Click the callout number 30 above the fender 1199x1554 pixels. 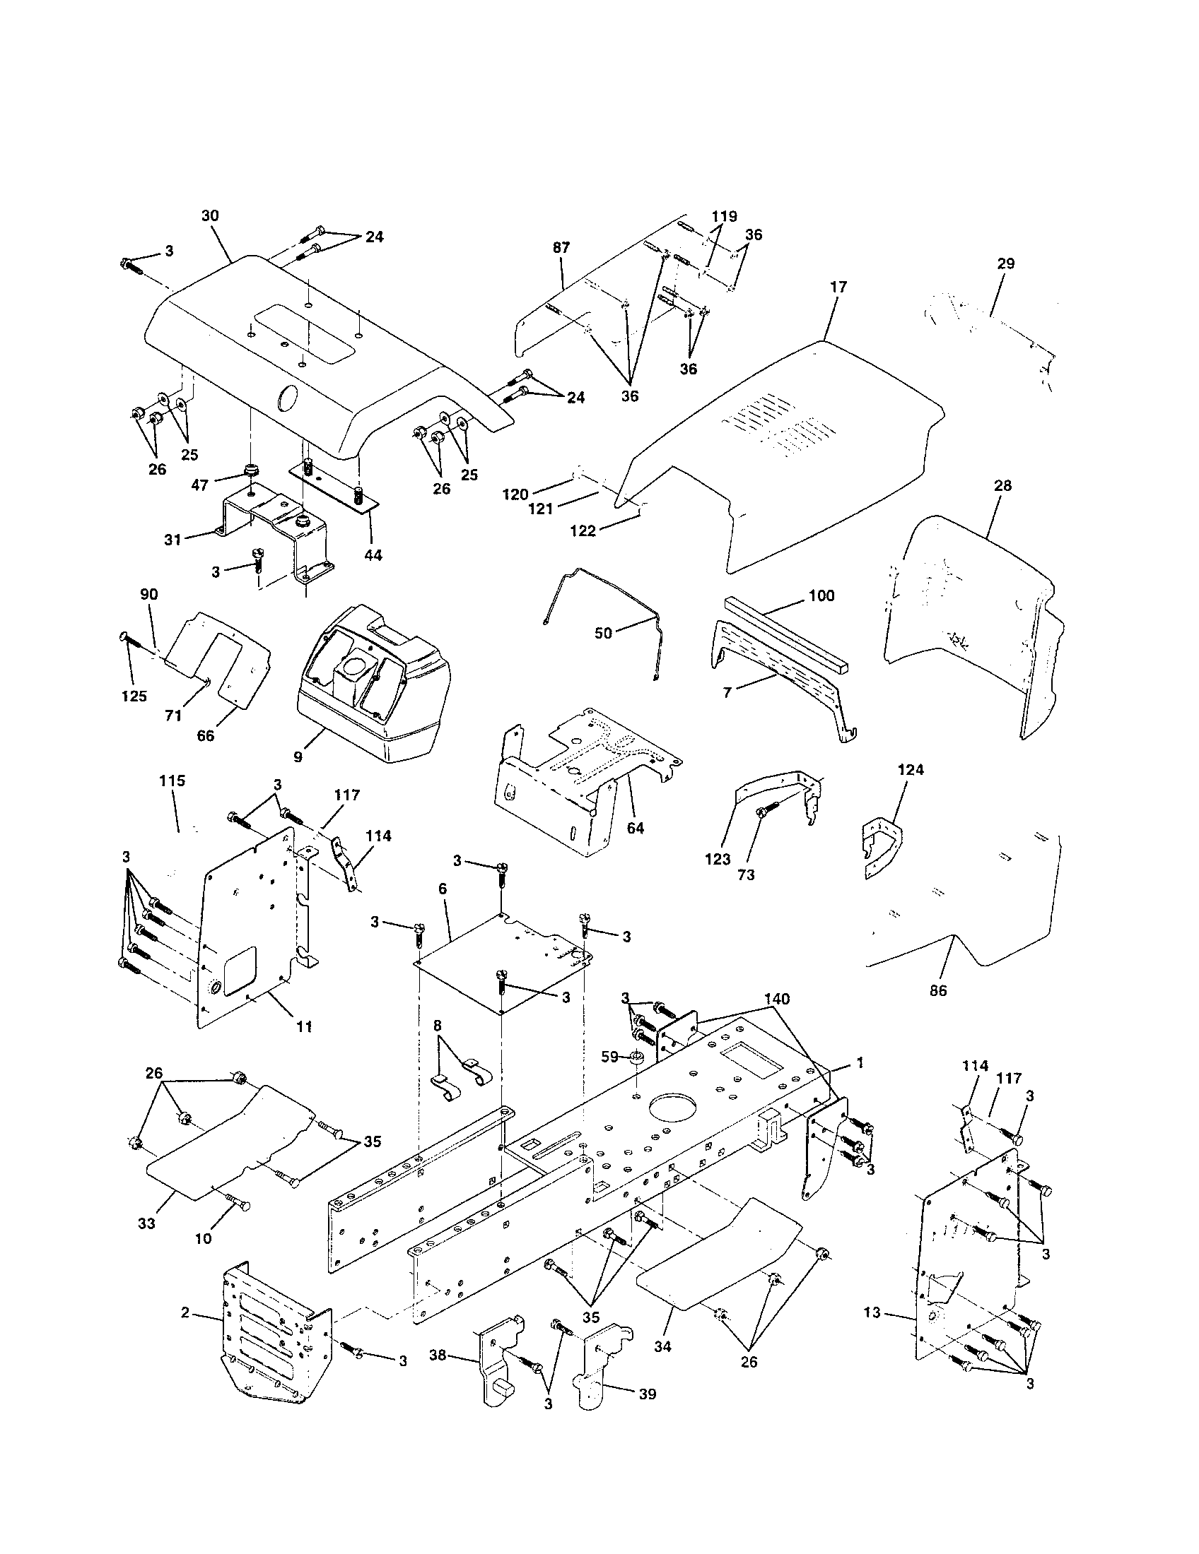pyautogui.click(x=210, y=215)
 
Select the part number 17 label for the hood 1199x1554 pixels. pyautogui.click(x=838, y=287)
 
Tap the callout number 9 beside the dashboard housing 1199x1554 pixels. pyautogui.click(x=298, y=757)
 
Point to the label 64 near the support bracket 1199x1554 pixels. pyautogui.click(x=635, y=829)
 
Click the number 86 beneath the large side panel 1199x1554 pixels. pyautogui.click(x=938, y=990)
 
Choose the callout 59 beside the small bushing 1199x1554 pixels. pyautogui.click(x=609, y=1057)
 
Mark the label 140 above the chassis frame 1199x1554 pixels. pyautogui.click(x=776, y=999)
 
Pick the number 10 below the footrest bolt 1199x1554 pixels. pyautogui.click(x=203, y=1239)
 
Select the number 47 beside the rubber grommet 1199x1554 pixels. pyautogui.click(x=200, y=485)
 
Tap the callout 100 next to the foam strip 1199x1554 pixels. pyautogui.click(x=821, y=595)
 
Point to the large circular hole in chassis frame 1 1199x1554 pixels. pyautogui.click(x=674, y=1109)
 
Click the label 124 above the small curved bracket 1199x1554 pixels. pyautogui.click(x=911, y=770)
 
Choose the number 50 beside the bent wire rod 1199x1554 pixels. pyautogui.click(x=603, y=633)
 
